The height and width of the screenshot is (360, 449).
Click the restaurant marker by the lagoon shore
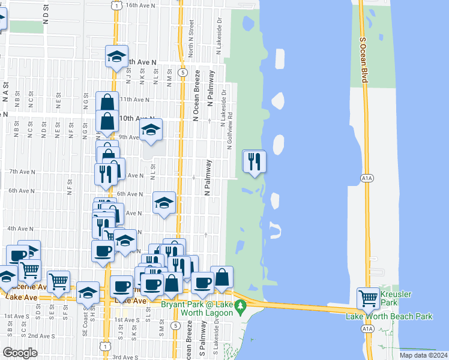click(x=254, y=161)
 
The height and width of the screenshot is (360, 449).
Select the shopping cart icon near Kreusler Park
click(x=367, y=298)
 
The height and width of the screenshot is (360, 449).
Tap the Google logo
click(x=20, y=352)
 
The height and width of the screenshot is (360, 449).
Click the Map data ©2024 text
click(x=424, y=355)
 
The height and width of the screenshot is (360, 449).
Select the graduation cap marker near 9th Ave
click(x=151, y=130)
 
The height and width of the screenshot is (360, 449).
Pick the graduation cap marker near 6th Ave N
click(x=163, y=203)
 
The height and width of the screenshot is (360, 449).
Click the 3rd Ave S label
click(x=125, y=357)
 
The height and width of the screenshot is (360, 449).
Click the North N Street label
click(x=191, y=39)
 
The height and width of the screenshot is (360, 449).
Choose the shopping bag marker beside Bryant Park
click(x=221, y=278)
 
